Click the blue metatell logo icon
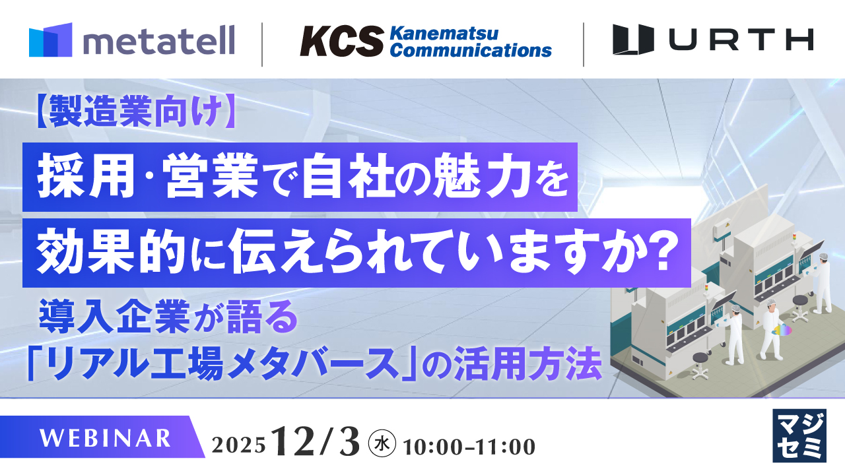click(x=50, y=40)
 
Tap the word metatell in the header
click(x=158, y=42)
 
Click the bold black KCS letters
click(x=341, y=42)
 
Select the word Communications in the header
click(x=470, y=50)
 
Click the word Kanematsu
click(x=444, y=33)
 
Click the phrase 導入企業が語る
click(x=165, y=318)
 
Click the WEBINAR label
click(x=106, y=437)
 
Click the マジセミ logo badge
click(x=799, y=435)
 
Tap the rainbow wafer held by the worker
click(x=784, y=329)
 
